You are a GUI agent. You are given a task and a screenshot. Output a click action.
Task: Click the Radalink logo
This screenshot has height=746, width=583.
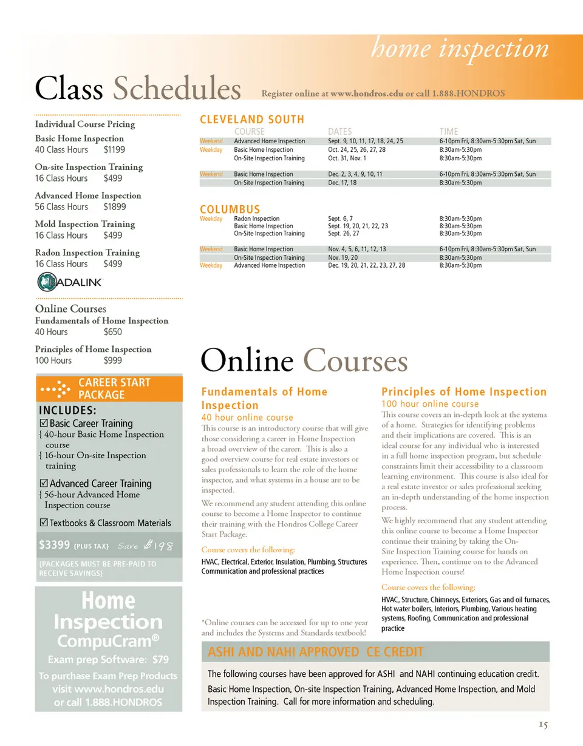point(70,283)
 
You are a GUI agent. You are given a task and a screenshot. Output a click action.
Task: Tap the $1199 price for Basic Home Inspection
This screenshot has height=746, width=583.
point(114,149)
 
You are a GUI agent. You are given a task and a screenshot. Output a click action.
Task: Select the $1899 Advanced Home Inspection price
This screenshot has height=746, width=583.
point(115,206)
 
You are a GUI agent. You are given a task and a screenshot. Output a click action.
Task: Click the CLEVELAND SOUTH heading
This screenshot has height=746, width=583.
point(252,120)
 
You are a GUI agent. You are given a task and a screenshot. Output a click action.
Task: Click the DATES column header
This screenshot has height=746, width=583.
point(339,131)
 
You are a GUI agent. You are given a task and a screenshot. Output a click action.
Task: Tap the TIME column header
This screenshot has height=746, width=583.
point(449,131)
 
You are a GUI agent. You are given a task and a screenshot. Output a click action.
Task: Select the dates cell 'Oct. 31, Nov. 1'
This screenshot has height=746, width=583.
point(347,158)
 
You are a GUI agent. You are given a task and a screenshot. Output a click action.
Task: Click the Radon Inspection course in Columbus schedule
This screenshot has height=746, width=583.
point(257,219)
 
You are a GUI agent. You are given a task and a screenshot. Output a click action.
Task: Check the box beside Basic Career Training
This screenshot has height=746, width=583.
point(43,424)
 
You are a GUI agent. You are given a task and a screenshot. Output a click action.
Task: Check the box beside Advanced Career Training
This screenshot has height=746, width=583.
point(43,484)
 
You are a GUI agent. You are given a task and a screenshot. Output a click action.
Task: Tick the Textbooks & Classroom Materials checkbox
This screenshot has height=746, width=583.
point(43,523)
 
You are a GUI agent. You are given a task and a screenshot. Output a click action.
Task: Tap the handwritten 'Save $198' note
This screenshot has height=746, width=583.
point(147,546)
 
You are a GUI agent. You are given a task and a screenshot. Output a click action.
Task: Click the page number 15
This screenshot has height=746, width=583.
point(544,725)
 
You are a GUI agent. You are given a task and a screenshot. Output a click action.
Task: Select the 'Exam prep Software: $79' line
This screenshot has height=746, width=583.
point(109,660)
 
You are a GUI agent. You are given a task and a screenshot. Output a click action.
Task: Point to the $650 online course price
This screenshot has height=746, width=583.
point(112,331)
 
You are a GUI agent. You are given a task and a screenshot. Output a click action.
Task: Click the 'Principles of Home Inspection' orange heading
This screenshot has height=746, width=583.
point(464,392)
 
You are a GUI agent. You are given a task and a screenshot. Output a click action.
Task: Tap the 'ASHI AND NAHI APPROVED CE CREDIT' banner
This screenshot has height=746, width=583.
point(315,653)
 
